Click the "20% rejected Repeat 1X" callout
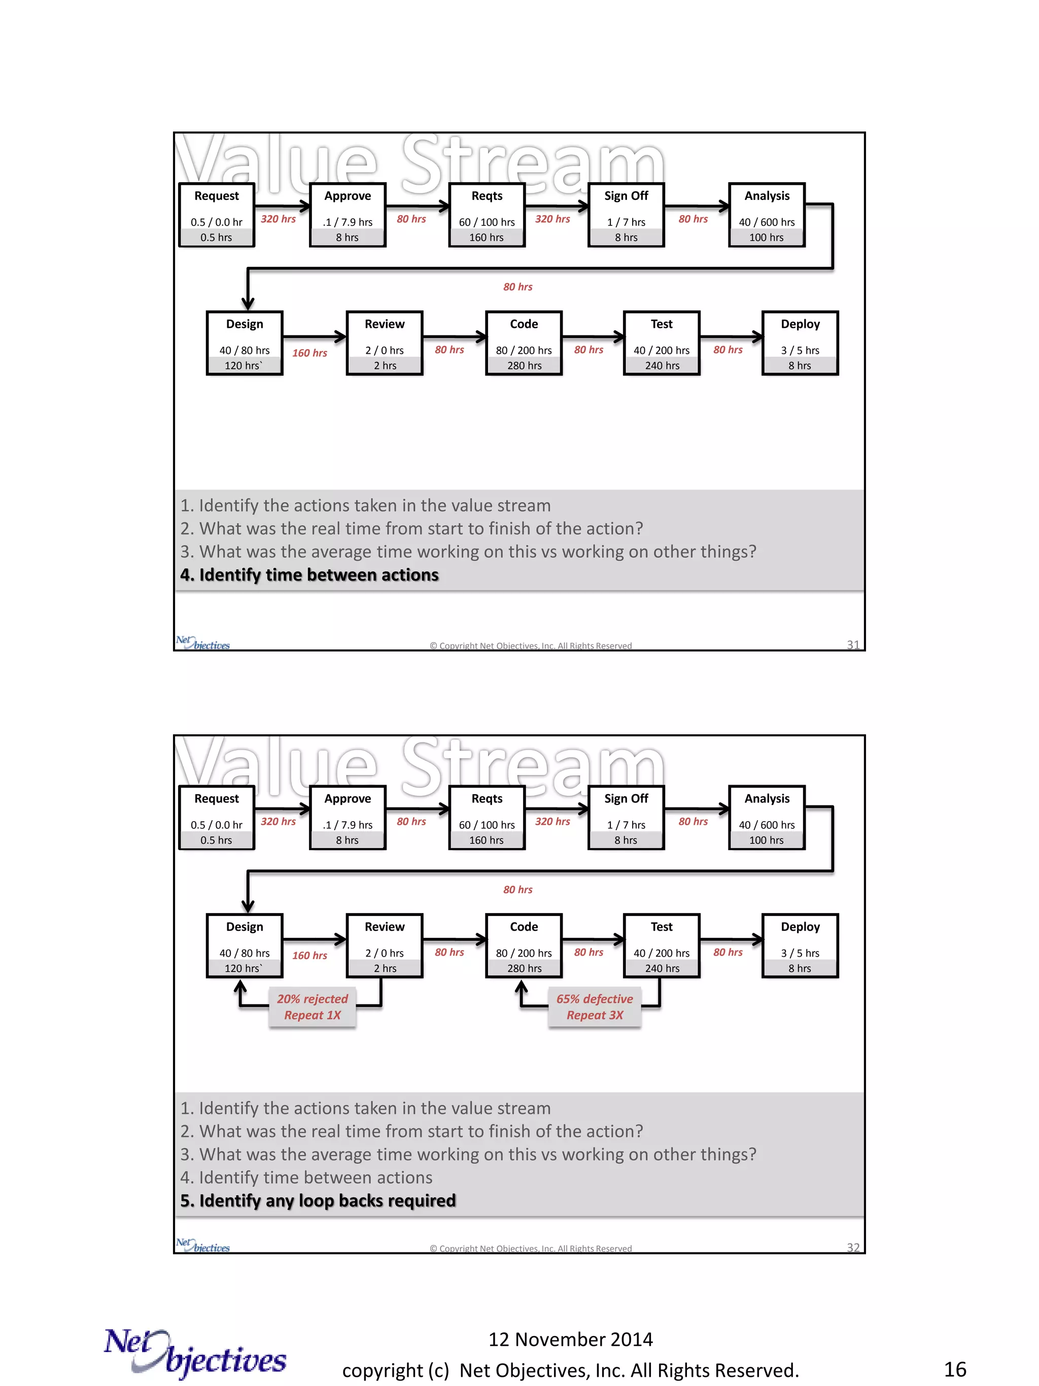tap(312, 1006)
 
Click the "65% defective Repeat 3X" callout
tap(595, 1006)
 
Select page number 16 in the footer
tap(954, 1369)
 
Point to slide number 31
tap(852, 644)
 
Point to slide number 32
tap(852, 1247)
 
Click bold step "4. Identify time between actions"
tap(309, 574)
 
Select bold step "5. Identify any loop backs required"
tap(318, 1201)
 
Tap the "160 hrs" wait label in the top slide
tap(309, 353)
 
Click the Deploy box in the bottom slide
tap(800, 945)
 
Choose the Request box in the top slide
tap(216, 215)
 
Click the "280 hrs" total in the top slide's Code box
tap(524, 366)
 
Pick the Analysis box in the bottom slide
tap(767, 817)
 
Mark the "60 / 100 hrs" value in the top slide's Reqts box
tap(487, 222)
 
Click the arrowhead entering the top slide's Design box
tap(248, 303)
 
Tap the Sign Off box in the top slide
tap(626, 215)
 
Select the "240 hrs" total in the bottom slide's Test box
tap(662, 968)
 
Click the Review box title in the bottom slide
tap(385, 926)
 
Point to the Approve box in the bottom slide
tap(348, 817)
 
